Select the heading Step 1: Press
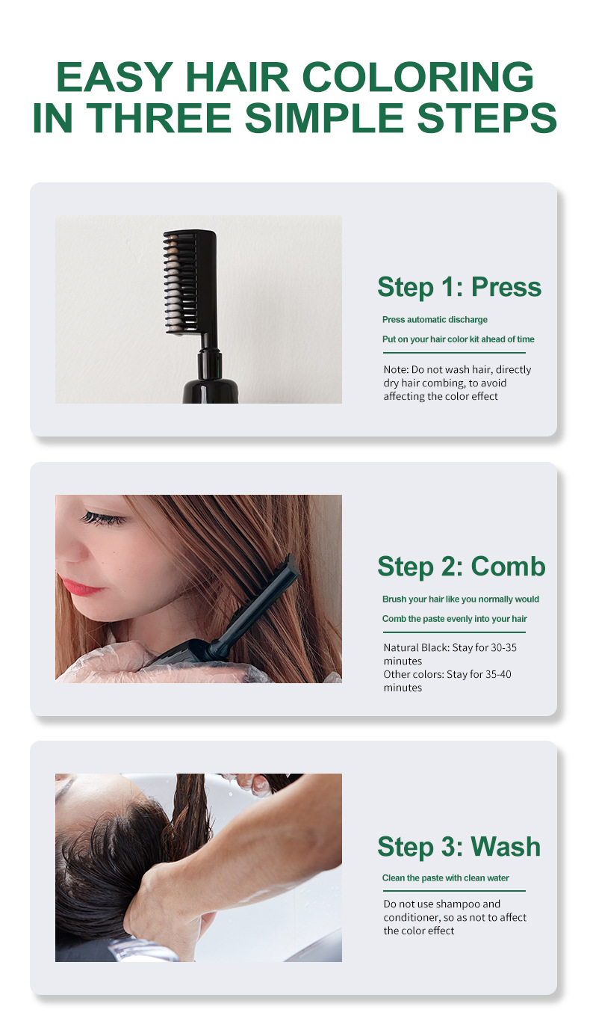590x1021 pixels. pyautogui.click(x=459, y=287)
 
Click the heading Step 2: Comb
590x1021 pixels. pyautogui.click(x=461, y=567)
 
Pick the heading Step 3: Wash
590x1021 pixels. pyautogui.click(x=459, y=846)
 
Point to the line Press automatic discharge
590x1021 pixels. pyautogui.click(x=435, y=319)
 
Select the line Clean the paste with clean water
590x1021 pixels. pyautogui.click(x=446, y=878)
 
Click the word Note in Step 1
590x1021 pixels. pyautogui.click(x=395, y=370)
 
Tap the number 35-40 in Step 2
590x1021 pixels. pyautogui.click(x=498, y=675)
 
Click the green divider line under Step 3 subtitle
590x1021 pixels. pyautogui.click(x=454, y=891)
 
